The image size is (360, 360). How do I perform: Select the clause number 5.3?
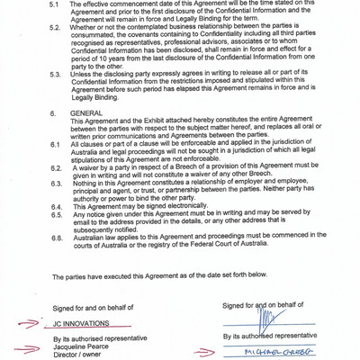[x=56, y=84]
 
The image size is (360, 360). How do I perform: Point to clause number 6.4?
[x=56, y=205]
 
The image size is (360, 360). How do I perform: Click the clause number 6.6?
[x=56, y=238]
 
